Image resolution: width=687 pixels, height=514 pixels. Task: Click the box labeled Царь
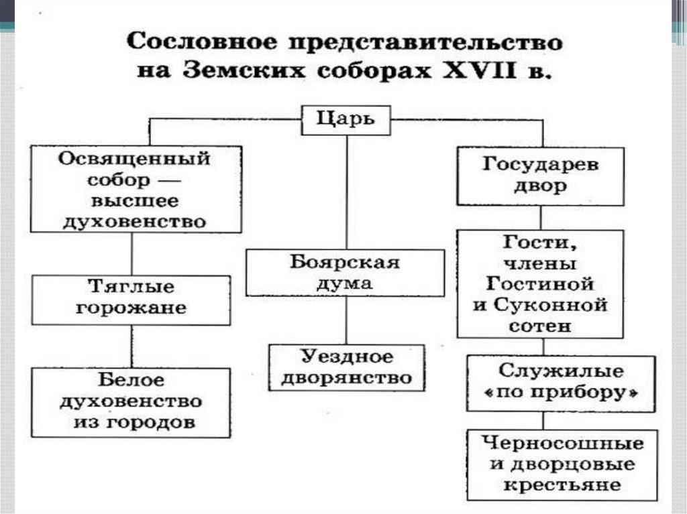coord(346,121)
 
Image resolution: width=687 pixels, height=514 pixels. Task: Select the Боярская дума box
coord(345,272)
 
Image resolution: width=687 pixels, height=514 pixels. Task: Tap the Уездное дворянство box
coord(346,367)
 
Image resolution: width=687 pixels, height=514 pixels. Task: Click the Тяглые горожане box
coord(131,298)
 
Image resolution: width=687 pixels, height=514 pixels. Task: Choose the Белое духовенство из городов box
coord(131,402)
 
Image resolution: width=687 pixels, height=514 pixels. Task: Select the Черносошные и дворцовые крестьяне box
coord(562,464)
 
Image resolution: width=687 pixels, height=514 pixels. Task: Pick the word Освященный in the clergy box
coord(134,159)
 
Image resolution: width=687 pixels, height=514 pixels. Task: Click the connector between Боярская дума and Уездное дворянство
coord(346,320)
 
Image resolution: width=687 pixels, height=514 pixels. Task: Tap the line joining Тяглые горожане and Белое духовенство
coord(131,346)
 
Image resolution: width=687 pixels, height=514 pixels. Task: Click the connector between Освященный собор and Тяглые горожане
coord(131,254)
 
